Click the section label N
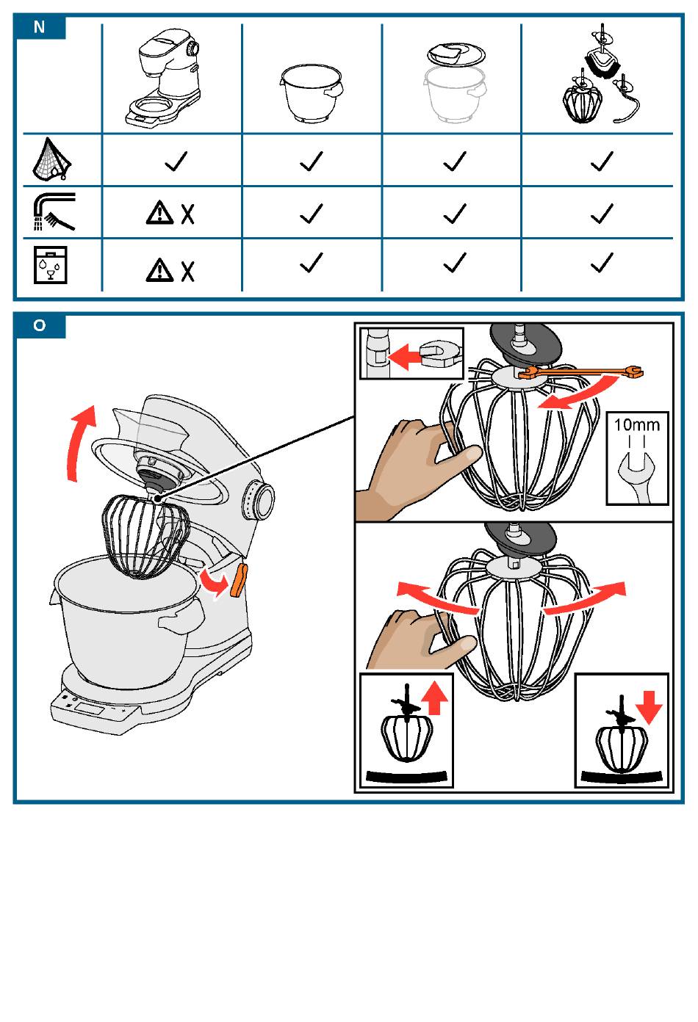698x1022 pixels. pos(40,27)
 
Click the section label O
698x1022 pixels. pos(40,325)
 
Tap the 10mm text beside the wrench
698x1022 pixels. pos(637,424)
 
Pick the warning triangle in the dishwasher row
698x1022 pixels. pos(159,270)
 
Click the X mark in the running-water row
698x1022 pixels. pos(188,214)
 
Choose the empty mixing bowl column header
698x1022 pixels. pos(312,93)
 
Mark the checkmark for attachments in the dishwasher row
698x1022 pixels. pos(602,262)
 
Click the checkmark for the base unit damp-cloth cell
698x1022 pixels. pos(176,161)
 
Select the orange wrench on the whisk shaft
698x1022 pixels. pos(580,374)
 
